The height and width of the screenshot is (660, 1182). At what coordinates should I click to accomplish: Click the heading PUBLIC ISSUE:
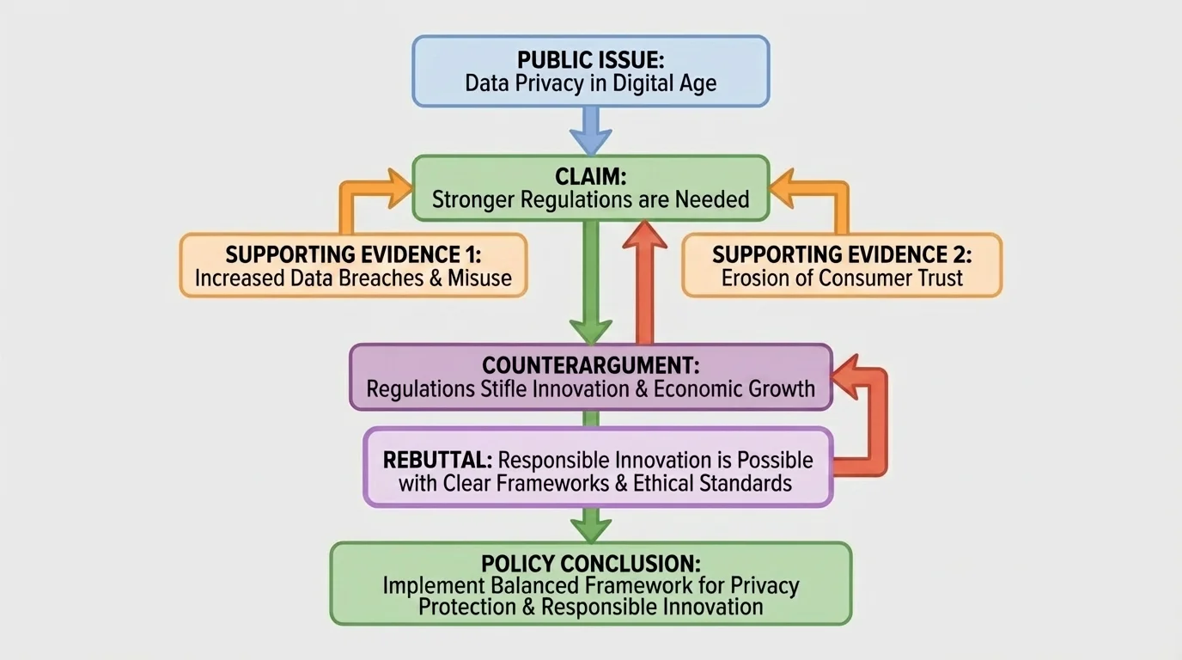(x=590, y=60)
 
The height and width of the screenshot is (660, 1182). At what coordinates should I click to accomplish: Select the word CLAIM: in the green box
(x=590, y=177)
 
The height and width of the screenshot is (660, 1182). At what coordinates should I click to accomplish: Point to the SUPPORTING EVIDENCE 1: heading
(x=352, y=254)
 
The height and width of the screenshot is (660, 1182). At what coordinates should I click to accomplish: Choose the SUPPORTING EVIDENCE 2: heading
(x=842, y=254)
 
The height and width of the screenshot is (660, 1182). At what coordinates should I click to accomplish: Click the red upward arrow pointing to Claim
(x=644, y=275)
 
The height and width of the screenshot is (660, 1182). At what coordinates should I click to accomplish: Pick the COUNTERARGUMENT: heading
(x=590, y=364)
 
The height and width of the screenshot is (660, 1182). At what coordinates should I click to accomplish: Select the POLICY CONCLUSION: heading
(x=590, y=564)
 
